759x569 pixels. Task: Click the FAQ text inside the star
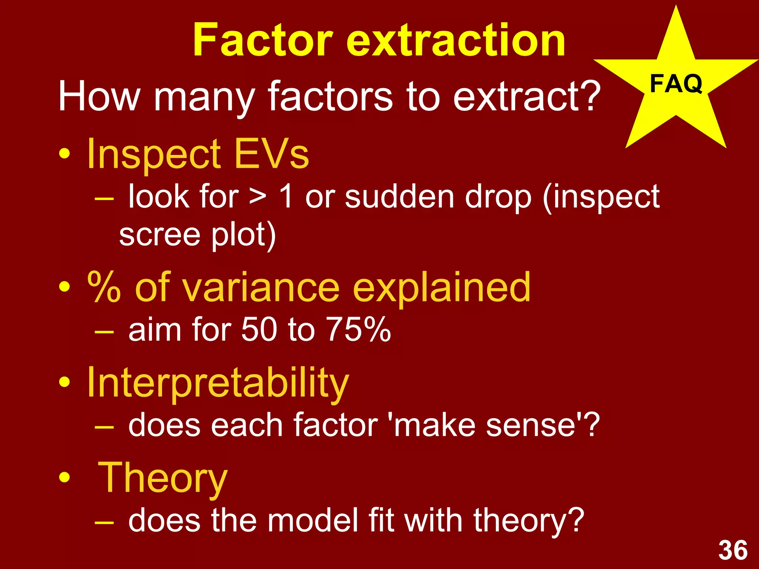click(676, 84)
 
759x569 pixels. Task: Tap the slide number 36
click(733, 550)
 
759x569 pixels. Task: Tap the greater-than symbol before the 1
click(257, 197)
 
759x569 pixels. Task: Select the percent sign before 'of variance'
click(104, 287)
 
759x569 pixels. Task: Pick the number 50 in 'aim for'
click(259, 329)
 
